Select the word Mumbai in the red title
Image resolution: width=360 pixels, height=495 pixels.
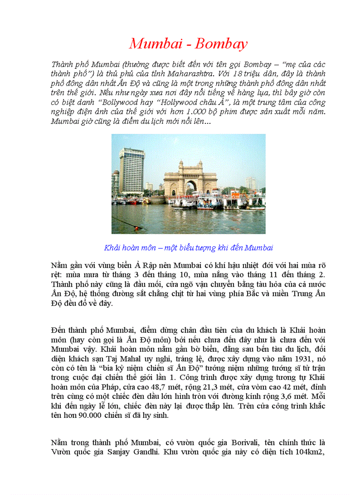click(154, 44)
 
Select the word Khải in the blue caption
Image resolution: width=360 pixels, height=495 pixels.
click(112, 248)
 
